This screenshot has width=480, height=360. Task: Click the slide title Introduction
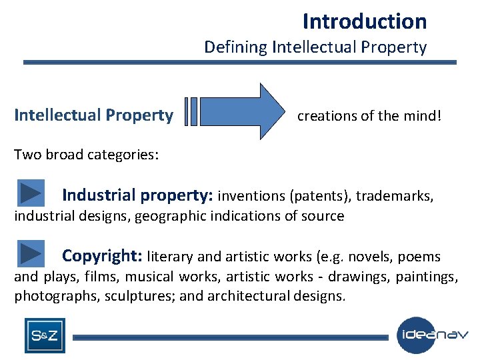tap(364, 21)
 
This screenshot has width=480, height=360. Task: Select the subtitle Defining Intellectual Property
tap(315, 47)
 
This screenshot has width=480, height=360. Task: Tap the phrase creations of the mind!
tap(369, 116)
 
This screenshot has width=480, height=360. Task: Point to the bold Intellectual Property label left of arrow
tap(93, 115)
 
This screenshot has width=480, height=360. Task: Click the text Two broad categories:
tap(86, 155)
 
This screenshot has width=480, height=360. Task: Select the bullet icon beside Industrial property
tap(31, 193)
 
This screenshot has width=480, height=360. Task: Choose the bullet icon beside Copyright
tap(31, 254)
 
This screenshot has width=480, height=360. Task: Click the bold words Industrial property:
tap(137, 195)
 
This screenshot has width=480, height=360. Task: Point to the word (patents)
tap(320, 196)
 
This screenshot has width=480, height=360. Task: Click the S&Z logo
tap(45, 336)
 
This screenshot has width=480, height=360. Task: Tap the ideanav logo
tap(432, 335)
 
